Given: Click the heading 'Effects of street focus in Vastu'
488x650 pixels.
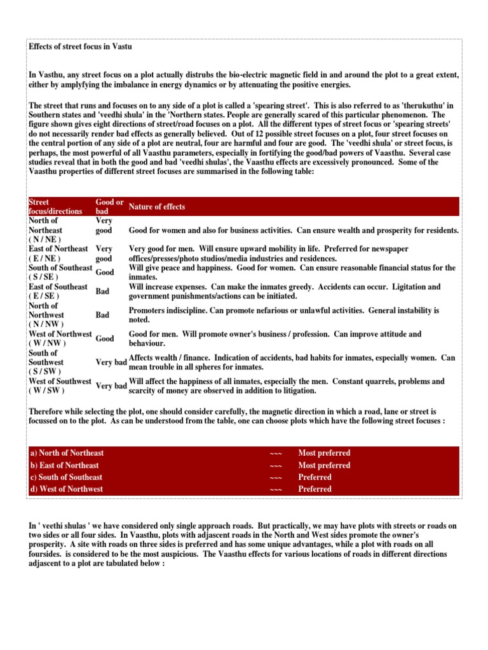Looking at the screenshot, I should pos(80,47).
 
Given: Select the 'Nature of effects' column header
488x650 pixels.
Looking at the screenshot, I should pos(157,206).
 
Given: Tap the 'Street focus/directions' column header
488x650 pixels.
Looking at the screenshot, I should pos(56,206).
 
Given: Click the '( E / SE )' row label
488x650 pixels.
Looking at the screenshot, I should pos(45,296).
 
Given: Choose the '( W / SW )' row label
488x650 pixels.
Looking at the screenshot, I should pos(46,390).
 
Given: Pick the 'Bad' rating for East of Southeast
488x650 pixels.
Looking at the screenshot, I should pos(102,291).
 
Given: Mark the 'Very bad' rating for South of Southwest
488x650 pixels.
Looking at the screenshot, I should pos(111,362).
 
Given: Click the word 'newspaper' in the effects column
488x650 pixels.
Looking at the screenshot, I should pos(388,249).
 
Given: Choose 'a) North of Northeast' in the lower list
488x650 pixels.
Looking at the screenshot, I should pos(67,453).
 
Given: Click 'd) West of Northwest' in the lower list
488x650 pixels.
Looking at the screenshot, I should pos(66,489).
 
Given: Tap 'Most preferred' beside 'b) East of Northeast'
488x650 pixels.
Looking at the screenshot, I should pos(324,465).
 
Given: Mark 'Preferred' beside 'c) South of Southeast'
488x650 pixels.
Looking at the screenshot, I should pos(315,477).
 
